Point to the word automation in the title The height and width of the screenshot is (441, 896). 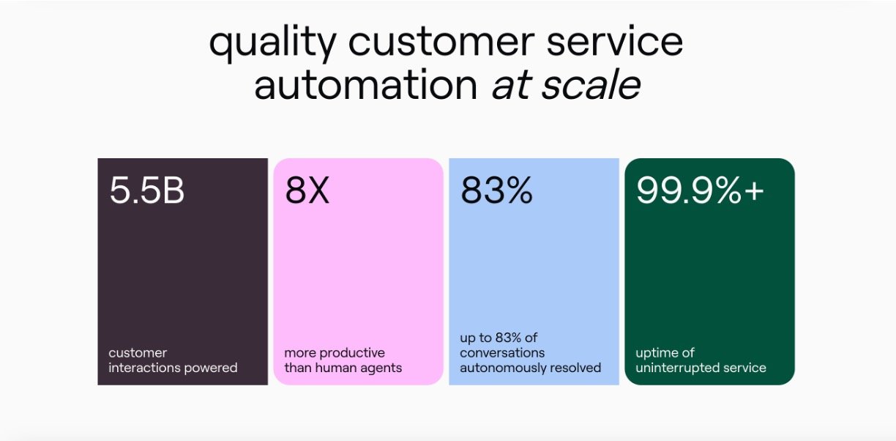(x=366, y=84)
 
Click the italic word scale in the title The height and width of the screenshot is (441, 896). (x=591, y=84)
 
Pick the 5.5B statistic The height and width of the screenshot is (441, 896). (x=147, y=190)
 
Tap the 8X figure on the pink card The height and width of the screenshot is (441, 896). (x=307, y=190)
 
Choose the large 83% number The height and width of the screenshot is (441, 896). (x=497, y=190)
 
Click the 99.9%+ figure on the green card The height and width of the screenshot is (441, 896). (x=700, y=190)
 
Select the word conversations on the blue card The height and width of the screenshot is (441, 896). (x=502, y=353)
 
